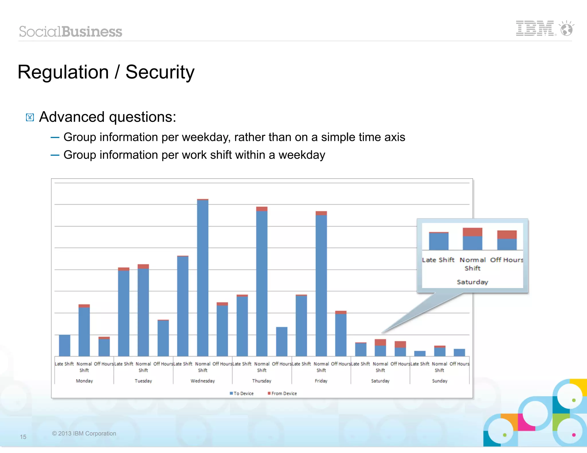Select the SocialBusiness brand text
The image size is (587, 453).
tap(71, 31)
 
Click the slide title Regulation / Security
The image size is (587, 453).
tap(106, 72)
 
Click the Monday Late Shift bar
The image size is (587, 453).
tap(64, 345)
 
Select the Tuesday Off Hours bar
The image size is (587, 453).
tap(163, 338)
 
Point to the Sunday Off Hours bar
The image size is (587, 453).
tap(459, 352)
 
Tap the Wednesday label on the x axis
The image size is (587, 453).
tap(203, 381)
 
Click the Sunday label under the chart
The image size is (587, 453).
tap(440, 381)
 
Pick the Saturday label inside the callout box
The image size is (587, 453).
tap(472, 282)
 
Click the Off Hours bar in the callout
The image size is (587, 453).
tap(507, 240)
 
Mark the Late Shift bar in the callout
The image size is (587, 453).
tap(439, 241)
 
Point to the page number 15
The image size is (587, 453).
tap(23, 437)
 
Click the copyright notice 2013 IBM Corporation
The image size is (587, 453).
tap(84, 433)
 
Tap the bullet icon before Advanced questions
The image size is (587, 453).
tap(30, 117)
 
